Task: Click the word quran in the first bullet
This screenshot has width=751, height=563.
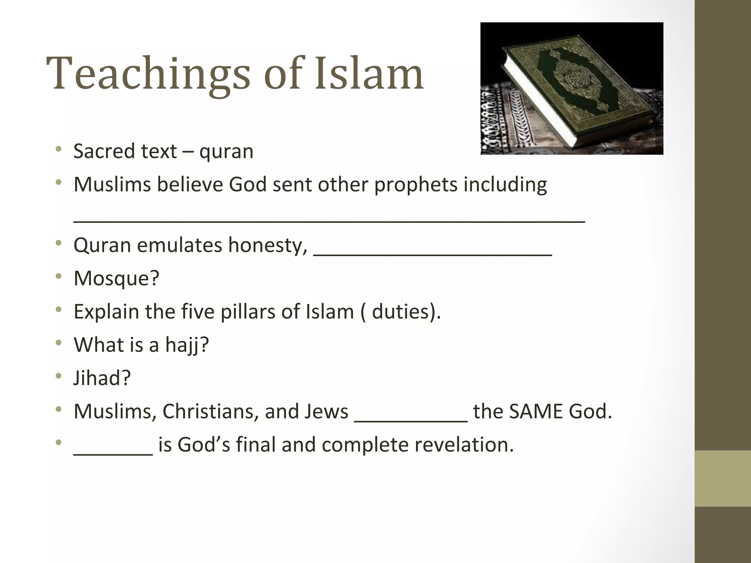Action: pos(226,152)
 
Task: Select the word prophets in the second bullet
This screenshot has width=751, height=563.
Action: pos(415,184)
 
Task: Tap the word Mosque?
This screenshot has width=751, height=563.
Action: pos(117,278)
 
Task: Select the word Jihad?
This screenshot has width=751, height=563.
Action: pos(102,378)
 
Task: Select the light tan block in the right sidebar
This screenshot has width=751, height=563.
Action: pos(722,478)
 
